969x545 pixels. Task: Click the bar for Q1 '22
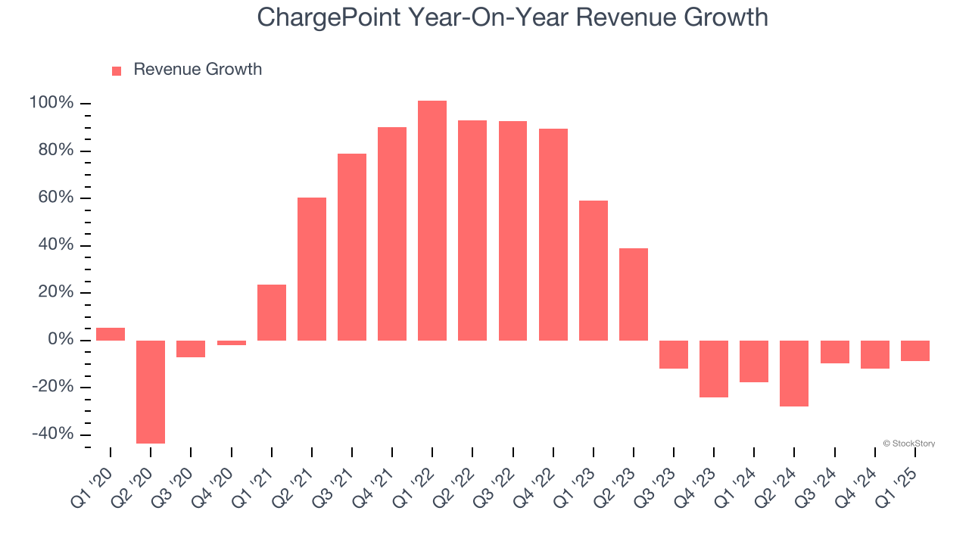432,220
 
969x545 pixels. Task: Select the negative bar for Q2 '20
151,391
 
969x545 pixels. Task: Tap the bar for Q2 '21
312,269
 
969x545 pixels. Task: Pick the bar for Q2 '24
794,373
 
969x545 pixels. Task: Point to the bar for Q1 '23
594,270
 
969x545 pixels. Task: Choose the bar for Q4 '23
714,369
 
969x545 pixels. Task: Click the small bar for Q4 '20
232,343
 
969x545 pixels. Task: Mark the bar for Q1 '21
272,312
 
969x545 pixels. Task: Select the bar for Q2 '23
634,294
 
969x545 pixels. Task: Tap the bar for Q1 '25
915,350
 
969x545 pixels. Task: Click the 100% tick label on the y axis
51,103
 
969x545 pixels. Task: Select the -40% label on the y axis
53,434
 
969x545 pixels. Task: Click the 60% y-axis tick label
55,198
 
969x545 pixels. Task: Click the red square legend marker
117,70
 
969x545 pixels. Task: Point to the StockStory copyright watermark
908,444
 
